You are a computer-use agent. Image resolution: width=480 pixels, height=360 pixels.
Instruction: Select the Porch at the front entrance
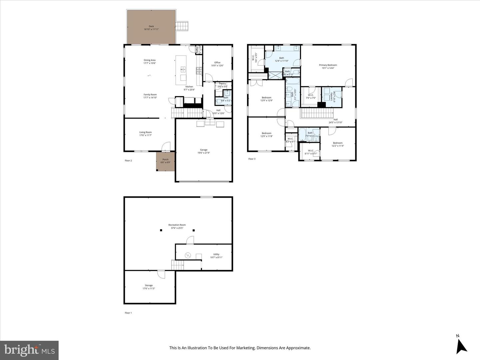[x=165, y=161]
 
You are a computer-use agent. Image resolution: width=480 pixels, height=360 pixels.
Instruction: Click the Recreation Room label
[x=177, y=226]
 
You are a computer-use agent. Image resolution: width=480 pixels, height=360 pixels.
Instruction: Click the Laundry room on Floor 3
[x=332, y=97]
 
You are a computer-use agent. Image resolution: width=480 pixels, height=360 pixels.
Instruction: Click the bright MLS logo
[x=29, y=350]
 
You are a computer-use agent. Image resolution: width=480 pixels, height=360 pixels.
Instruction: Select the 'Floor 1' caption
[x=128, y=313]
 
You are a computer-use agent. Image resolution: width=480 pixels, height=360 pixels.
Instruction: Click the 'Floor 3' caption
[x=252, y=159]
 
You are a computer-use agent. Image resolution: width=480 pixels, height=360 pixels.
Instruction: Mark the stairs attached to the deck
[x=182, y=26]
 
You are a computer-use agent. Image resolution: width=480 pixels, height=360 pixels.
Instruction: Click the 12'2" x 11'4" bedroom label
[x=338, y=144]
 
